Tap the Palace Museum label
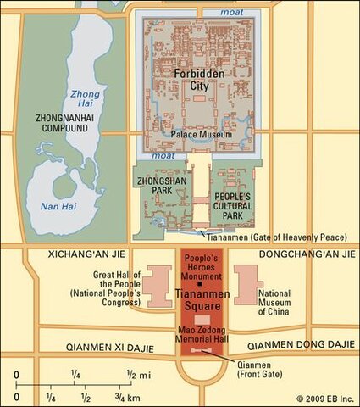point(200,134)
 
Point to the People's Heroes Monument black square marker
point(199,284)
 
